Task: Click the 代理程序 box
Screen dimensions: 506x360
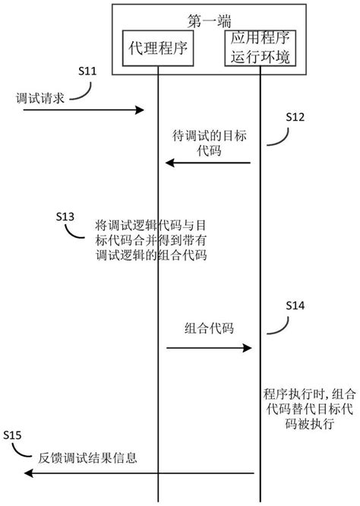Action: click(159, 49)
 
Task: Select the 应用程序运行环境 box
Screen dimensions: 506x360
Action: click(261, 49)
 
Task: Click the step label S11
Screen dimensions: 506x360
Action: click(88, 71)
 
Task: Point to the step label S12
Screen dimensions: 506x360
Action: click(295, 117)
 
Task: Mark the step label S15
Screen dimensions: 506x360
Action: click(13, 435)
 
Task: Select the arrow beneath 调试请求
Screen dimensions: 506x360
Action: click(84, 111)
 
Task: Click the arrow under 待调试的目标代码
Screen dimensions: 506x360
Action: click(209, 162)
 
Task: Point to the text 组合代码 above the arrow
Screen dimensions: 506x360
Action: click(209, 328)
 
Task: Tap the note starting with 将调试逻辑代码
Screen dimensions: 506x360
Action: click(151, 240)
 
